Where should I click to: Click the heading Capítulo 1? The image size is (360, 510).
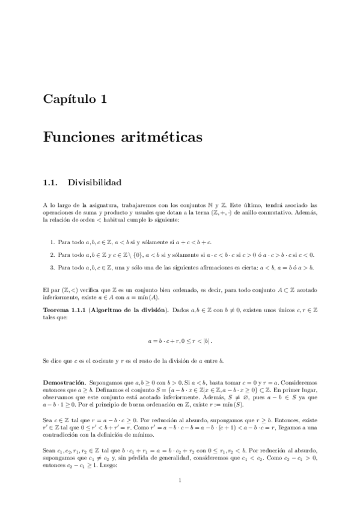coord(75,99)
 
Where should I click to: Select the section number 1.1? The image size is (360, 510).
coord(51,181)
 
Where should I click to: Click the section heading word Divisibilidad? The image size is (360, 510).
coord(95,181)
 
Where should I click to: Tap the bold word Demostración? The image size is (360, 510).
coord(65,382)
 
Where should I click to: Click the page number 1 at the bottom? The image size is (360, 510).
coord(180,480)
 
